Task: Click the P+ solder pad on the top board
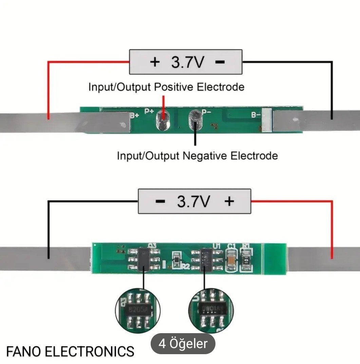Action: coord(163,121)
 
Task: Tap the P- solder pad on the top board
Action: coord(195,120)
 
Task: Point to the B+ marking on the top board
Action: coord(135,115)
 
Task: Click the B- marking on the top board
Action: coord(256,115)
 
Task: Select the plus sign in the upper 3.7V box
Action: coord(155,62)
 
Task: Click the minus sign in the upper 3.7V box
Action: coord(220,62)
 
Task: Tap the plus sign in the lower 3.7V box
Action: coord(229,201)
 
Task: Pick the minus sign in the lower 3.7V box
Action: coord(160,201)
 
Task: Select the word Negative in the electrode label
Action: coord(205,156)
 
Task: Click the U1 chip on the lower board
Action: coord(206,260)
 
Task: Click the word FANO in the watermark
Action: coord(23,351)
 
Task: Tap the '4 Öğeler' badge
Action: coord(183,344)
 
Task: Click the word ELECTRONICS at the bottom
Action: coord(90,351)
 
